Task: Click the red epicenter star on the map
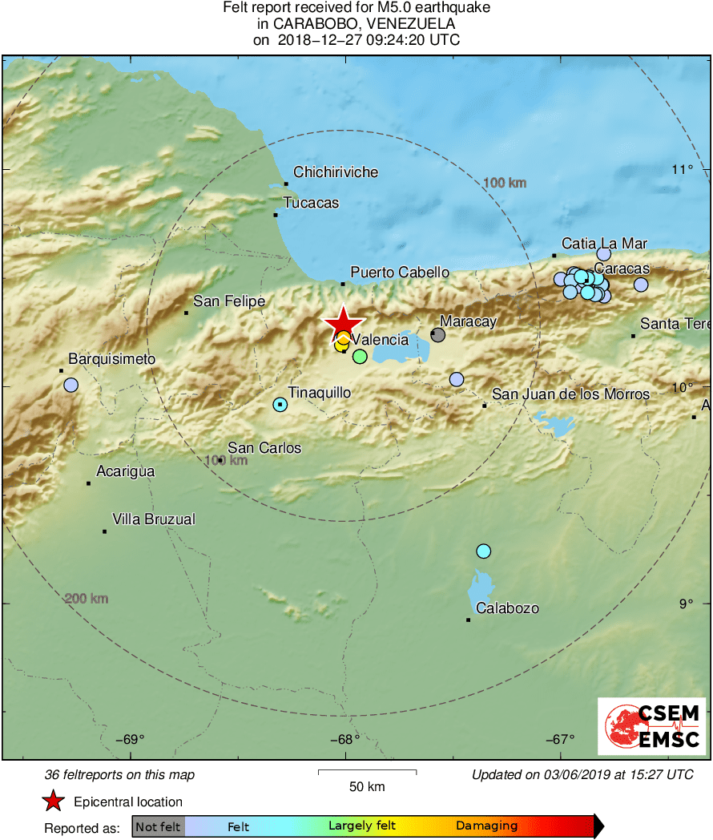point(343,323)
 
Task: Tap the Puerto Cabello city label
point(400,273)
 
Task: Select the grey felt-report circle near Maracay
point(437,334)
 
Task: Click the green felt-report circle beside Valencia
point(360,356)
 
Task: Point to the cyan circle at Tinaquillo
point(280,405)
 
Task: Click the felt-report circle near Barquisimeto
point(71,385)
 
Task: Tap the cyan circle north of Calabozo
point(483,551)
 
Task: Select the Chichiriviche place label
point(336,172)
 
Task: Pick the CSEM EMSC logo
point(652,726)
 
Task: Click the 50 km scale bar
point(367,773)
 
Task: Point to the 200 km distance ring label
point(87,599)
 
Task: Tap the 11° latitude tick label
point(683,169)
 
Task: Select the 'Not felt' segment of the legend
point(158,826)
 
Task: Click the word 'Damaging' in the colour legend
point(486,826)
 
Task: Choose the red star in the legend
point(53,802)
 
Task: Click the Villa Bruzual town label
point(153,519)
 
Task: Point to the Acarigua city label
point(126,471)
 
